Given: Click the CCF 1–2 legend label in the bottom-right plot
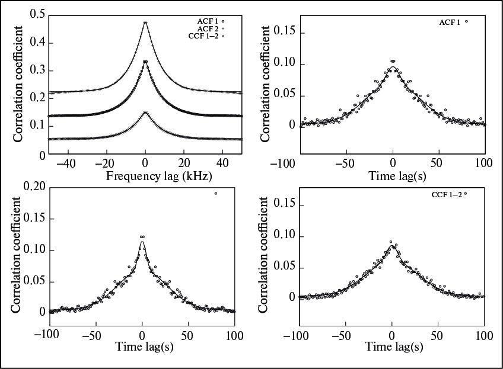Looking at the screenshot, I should coord(449,194).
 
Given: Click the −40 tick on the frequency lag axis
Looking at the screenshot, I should coord(68,164).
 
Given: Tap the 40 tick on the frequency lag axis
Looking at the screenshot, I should coord(223,164).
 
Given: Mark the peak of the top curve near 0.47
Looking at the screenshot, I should coord(145,23).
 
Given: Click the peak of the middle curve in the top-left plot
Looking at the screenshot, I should coord(145,61).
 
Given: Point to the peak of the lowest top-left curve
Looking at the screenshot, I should coord(145,113).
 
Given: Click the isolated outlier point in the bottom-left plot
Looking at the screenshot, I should coord(216,193).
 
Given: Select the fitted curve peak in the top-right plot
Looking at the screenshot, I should coord(392,67).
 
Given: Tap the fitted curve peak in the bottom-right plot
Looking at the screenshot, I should coord(391,246).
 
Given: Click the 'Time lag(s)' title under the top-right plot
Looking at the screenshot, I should coord(393,176).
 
